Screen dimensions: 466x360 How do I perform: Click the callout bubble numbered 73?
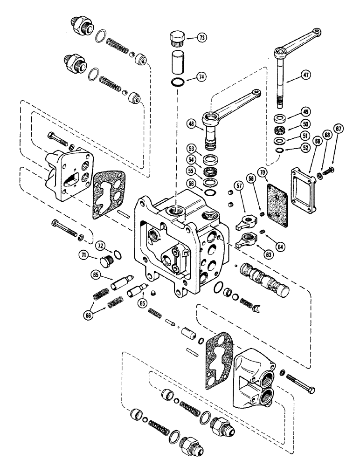pyautogui.click(x=203, y=37)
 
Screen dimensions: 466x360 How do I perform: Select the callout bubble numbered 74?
pyautogui.click(x=203, y=76)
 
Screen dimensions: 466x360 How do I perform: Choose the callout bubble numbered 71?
pyautogui.click(x=83, y=255)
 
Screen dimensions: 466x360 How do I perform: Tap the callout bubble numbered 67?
pyautogui.click(x=338, y=129)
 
